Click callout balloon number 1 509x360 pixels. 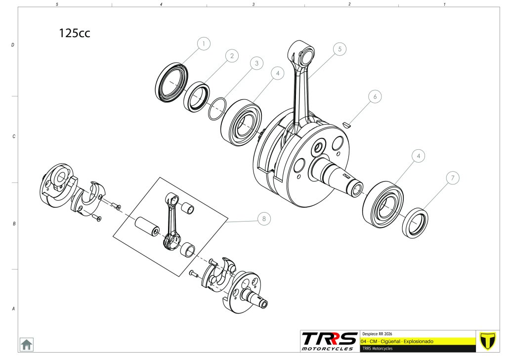pyautogui.click(x=204, y=44)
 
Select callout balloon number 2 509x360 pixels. pyautogui.click(x=232, y=56)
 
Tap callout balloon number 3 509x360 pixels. pyautogui.click(x=257, y=63)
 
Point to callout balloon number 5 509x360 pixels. pyautogui.click(x=339, y=49)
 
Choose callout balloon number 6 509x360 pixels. pyautogui.click(x=375, y=96)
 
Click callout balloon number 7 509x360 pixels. pyautogui.click(x=453, y=178)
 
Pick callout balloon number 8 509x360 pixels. pyautogui.click(x=264, y=219)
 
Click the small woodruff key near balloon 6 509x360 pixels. pyautogui.click(x=347, y=125)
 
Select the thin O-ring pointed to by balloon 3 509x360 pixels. pyautogui.click(x=217, y=109)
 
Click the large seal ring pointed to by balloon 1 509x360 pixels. pyautogui.click(x=171, y=83)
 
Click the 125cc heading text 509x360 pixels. pyautogui.click(x=74, y=33)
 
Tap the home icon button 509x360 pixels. pyautogui.click(x=26, y=344)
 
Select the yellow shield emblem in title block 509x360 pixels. pyautogui.click(x=488, y=341)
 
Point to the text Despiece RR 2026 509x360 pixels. pyautogui.click(x=377, y=334)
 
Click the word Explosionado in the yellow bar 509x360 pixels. pyautogui.click(x=419, y=342)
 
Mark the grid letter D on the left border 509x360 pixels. pyautogui.click(x=13, y=45)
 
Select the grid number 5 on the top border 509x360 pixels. pyautogui.click(x=57, y=4)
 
